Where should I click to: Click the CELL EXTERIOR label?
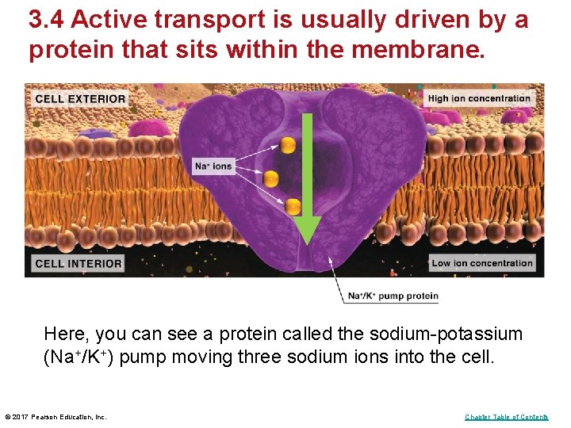coord(80,98)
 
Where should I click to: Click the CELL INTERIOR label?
coord(79,263)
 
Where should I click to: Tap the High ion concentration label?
coord(479,98)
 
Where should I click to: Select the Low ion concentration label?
coord(481,263)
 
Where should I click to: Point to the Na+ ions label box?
coord(213,166)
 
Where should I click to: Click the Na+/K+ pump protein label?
coord(393,296)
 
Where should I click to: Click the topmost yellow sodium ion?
coord(287,146)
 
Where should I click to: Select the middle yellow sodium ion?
coord(270,180)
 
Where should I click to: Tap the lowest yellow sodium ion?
coord(293,207)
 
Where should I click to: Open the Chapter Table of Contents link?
coord(506,417)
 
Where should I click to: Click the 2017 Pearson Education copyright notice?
coord(56,417)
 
